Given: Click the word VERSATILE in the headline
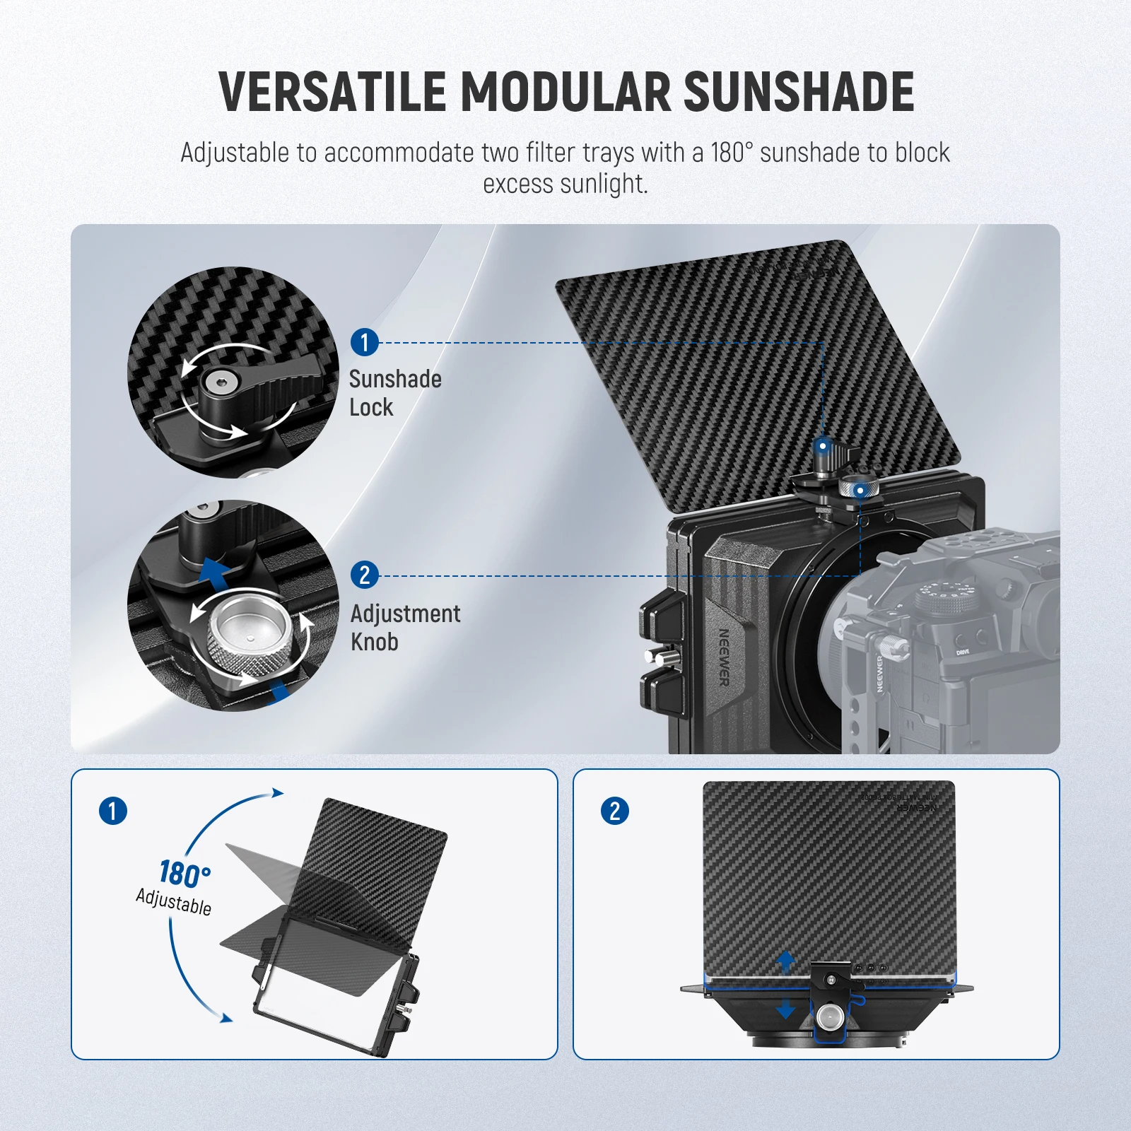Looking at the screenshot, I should click(x=332, y=92).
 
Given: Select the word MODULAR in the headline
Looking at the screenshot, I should click(x=565, y=92).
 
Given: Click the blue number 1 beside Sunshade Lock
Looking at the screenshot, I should click(x=365, y=343).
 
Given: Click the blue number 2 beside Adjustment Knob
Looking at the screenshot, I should click(x=365, y=575).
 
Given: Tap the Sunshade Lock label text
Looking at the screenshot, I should click(x=394, y=393).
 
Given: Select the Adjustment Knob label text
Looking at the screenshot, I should click(x=404, y=628).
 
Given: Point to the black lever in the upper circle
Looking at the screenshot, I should click(x=269, y=382).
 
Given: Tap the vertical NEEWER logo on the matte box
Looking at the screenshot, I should click(x=724, y=657).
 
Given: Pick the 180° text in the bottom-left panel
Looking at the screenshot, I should click(x=184, y=874).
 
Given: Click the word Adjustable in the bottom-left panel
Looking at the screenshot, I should click(x=174, y=902).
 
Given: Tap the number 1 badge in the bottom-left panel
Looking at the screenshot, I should click(x=113, y=811).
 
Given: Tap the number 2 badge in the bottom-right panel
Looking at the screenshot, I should click(x=615, y=811).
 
